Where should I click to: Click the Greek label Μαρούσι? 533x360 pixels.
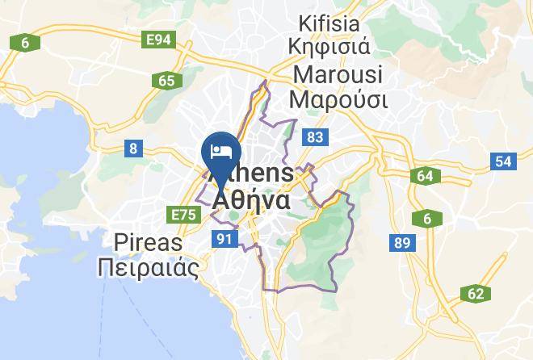pyautogui.click(x=339, y=100)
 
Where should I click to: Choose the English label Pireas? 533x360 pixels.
pyautogui.click(x=149, y=242)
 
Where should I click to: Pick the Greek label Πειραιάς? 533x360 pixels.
pyautogui.click(x=148, y=267)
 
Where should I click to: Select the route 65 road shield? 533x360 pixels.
pyautogui.click(x=167, y=81)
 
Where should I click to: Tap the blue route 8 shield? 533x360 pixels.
pyautogui.click(x=132, y=149)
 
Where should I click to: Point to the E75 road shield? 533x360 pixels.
pyautogui.click(x=185, y=214)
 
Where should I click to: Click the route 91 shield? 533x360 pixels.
pyautogui.click(x=224, y=238)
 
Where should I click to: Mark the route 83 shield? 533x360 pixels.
pyautogui.click(x=313, y=138)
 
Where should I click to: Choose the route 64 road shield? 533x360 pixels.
pyautogui.click(x=425, y=176)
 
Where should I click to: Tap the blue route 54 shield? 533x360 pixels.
pyautogui.click(x=503, y=161)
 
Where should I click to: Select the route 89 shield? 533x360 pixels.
pyautogui.click(x=401, y=242)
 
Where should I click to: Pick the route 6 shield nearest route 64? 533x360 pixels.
pyautogui.click(x=426, y=218)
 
